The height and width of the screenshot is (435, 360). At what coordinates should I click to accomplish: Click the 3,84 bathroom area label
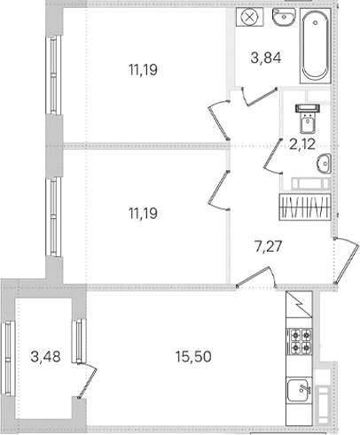266,58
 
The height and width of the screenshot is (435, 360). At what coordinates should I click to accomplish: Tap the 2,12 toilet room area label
302,144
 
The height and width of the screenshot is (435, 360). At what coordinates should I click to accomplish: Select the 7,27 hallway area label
269,246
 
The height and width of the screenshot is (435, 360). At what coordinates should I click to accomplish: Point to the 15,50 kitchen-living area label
193,357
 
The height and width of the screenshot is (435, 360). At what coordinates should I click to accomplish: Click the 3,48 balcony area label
45,357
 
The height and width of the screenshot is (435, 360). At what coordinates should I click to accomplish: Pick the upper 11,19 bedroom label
143,70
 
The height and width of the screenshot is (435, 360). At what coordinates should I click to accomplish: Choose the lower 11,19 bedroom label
143,214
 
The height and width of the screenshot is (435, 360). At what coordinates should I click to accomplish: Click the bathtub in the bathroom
315,46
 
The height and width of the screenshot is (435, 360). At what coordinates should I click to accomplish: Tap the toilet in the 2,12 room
308,119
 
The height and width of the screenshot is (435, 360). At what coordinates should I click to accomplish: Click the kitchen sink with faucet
299,391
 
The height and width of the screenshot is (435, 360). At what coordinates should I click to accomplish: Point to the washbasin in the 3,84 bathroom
284,17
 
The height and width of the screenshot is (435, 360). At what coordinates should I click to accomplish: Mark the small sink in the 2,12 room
324,163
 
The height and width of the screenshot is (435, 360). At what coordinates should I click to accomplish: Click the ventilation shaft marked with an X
250,17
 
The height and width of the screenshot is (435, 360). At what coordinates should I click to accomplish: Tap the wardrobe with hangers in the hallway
305,206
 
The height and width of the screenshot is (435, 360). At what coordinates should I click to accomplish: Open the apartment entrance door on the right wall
347,260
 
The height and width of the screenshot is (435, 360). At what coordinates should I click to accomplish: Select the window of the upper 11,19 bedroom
53,75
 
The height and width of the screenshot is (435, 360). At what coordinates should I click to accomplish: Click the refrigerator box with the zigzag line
299,304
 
